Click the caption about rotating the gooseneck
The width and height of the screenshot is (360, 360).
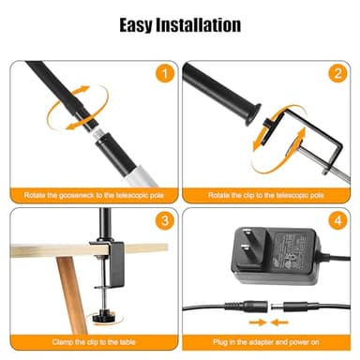click(92, 195)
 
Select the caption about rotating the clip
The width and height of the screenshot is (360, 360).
click(265, 195)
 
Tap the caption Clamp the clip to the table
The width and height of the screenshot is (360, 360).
click(92, 344)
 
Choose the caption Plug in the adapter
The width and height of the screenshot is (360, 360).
click(265, 344)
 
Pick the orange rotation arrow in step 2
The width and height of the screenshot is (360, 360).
click(266, 141)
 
